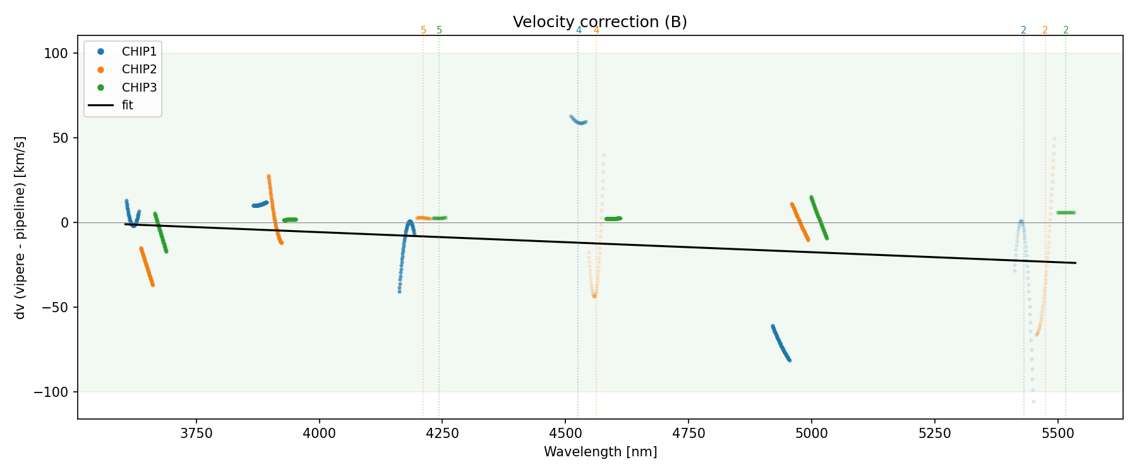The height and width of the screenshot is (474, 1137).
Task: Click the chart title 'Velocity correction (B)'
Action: (599, 22)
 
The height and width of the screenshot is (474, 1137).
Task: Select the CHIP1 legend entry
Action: (139, 52)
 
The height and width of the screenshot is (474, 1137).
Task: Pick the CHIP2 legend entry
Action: (139, 70)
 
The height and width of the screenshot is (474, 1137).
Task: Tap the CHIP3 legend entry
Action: (139, 87)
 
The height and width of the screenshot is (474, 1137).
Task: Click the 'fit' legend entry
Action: (128, 106)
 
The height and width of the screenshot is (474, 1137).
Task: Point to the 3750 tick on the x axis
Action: (196, 433)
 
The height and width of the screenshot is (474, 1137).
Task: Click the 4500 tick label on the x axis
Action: (565, 433)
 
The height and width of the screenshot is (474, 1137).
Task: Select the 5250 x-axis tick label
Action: (934, 433)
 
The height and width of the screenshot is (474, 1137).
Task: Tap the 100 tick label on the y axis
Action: (56, 54)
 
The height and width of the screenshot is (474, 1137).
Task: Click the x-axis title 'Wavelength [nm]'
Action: (600, 452)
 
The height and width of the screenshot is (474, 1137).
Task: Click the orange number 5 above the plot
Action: (423, 30)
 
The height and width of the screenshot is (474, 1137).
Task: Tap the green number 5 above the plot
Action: (440, 30)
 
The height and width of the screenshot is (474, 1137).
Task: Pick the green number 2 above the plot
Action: (1066, 30)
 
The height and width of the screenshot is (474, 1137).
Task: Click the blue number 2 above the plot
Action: (1023, 30)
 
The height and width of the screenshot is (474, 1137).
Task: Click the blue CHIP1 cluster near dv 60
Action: (578, 121)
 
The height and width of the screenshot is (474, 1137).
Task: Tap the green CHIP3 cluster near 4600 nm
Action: (613, 219)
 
